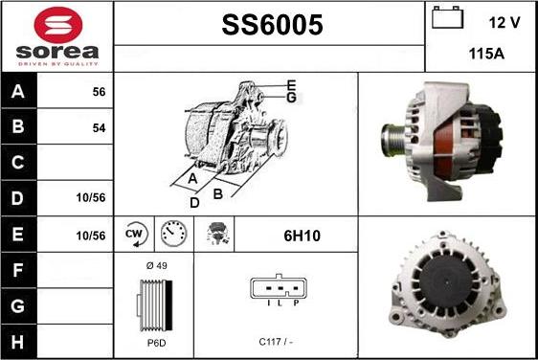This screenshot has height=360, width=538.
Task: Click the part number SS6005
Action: [x=272, y=25]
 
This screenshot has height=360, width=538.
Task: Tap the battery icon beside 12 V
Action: [x=447, y=17]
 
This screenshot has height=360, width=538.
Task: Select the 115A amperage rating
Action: [x=486, y=54]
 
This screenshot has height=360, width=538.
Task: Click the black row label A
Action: [x=18, y=91]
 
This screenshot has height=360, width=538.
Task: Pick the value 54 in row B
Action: [x=99, y=128]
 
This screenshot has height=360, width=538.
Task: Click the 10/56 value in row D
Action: [x=91, y=197]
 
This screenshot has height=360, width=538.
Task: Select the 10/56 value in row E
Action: [x=91, y=236]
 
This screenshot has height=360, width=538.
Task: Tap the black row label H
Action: [x=18, y=342]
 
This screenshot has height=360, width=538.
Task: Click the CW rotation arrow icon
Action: [x=135, y=235]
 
